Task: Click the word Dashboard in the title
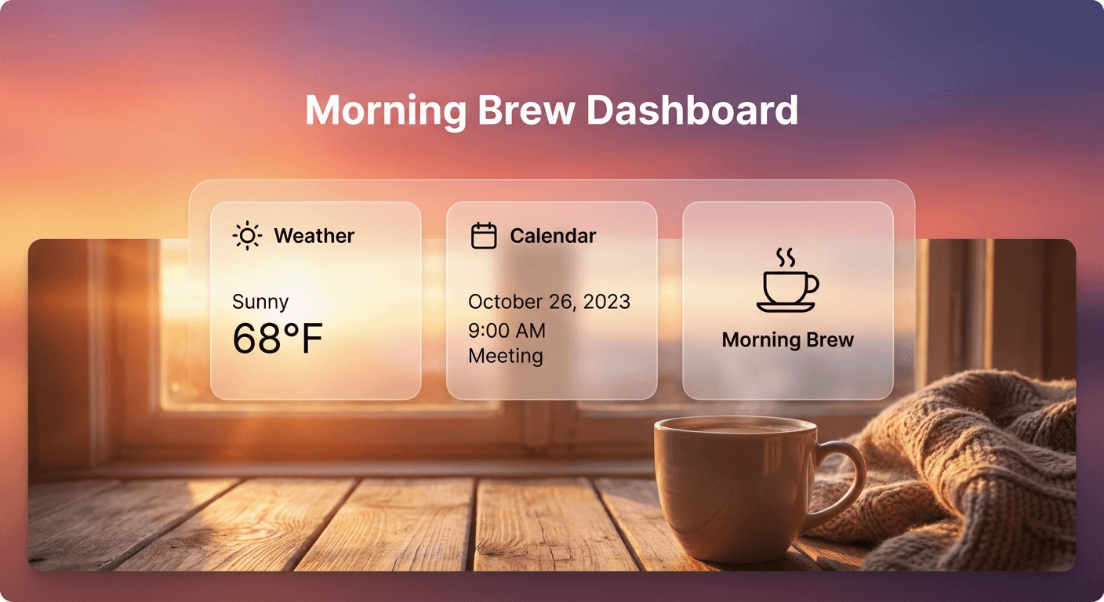coord(692,111)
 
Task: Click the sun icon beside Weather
coord(248,236)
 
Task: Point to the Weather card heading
coord(314,236)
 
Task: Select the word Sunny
coord(260,302)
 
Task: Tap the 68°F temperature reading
coord(278,338)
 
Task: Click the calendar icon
coord(484,236)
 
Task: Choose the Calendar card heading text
coord(553,236)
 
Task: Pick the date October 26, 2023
coord(549,302)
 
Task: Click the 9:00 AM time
coord(507,331)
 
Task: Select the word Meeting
coord(506,356)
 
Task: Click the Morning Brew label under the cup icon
coord(787,340)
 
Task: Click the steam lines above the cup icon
coord(785,256)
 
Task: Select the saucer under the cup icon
coord(786,306)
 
